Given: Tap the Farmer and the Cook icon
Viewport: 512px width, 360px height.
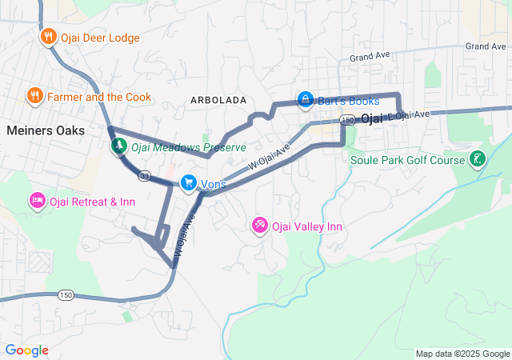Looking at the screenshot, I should pyautogui.click(x=34, y=96).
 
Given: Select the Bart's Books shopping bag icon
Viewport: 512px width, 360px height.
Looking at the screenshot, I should pyautogui.click(x=305, y=100).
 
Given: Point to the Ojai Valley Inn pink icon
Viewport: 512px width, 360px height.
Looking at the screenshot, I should pyautogui.click(x=260, y=226).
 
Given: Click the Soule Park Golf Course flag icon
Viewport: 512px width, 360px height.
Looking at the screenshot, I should pyautogui.click(x=478, y=159).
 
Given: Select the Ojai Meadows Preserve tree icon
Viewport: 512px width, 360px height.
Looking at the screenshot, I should pyautogui.click(x=118, y=146).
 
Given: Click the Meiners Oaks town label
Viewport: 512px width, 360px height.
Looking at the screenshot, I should pyautogui.click(x=46, y=130).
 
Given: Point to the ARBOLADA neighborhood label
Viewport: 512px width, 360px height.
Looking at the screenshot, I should pyautogui.click(x=218, y=100).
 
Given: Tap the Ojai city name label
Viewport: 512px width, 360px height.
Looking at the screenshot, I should pyautogui.click(x=373, y=118).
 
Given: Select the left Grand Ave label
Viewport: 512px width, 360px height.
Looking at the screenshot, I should pyautogui.click(x=369, y=58).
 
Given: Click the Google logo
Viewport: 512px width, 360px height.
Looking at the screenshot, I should pyautogui.click(x=26, y=350).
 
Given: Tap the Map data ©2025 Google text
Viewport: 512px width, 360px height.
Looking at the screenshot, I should pyautogui.click(x=462, y=354).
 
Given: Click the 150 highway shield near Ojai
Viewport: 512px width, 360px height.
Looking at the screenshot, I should pyautogui.click(x=346, y=120).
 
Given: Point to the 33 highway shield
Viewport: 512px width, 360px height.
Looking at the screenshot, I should pyautogui.click(x=144, y=174).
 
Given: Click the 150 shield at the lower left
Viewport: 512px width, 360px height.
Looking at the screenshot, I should pyautogui.click(x=66, y=295).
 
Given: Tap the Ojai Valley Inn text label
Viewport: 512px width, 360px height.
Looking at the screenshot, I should pyautogui.click(x=307, y=226).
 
